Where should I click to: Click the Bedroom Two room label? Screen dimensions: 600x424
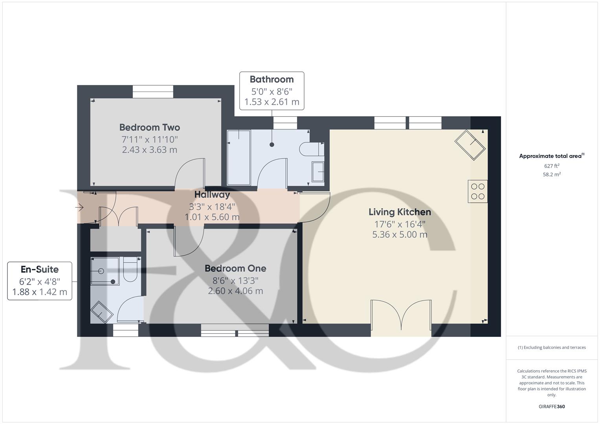click(x=149, y=128)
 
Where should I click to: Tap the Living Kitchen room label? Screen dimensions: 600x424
click(x=400, y=212)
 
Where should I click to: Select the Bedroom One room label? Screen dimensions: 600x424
click(x=235, y=269)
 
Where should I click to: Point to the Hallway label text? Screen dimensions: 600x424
click(x=212, y=195)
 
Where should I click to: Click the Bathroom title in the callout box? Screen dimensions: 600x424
click(x=272, y=79)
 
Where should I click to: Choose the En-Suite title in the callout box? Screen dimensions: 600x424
click(x=40, y=270)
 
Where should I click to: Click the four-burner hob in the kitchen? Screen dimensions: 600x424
click(x=477, y=191)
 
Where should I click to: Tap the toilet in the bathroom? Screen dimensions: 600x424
click(x=312, y=149)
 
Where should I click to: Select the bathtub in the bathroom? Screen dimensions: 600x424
click(x=239, y=157)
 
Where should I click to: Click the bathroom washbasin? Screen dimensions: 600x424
click(x=318, y=172)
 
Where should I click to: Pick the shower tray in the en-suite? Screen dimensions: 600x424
click(x=105, y=271)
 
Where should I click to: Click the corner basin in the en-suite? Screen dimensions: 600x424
click(x=101, y=312)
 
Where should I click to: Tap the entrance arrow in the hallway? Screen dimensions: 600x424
click(x=79, y=207)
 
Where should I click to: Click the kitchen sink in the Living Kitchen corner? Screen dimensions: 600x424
click(x=470, y=145)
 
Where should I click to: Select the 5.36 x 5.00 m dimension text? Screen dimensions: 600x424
click(x=400, y=235)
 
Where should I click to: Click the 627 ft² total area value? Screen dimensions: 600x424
click(x=552, y=166)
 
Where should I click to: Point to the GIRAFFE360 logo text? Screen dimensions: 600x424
click(x=552, y=406)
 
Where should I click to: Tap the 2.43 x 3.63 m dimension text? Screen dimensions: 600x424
click(x=149, y=150)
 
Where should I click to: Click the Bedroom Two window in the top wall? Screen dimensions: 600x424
click(x=153, y=92)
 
